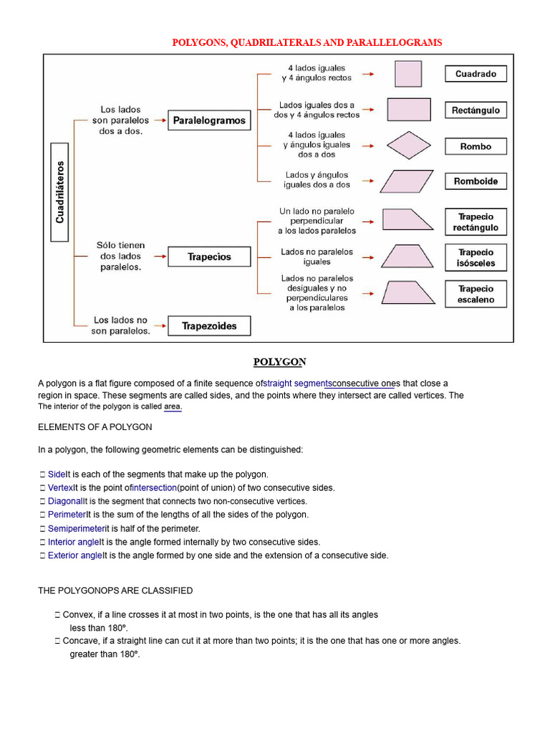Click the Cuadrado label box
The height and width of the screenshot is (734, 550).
pos(476,74)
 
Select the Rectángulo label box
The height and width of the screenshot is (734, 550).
pos(476,110)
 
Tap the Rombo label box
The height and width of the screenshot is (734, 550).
pos(476,146)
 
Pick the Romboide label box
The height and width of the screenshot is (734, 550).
pos(476,181)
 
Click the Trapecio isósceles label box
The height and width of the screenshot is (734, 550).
pos(476,257)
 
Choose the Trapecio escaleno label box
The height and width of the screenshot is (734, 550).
pos(476,294)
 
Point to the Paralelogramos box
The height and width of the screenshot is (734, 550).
pos(209,120)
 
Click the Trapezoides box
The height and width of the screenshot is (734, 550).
pos(209,326)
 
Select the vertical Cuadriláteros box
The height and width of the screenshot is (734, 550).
pos(60,191)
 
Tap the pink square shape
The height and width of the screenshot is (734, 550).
pos(408,74)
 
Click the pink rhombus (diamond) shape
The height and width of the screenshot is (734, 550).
pos(409,146)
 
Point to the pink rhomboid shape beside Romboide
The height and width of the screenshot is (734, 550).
pos(407,181)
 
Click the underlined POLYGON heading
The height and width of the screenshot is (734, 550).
pos(280,362)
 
